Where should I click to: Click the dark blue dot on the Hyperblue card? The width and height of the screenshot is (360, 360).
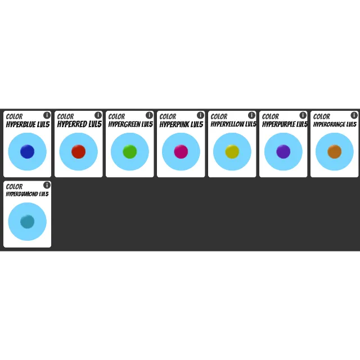click(x=28, y=151)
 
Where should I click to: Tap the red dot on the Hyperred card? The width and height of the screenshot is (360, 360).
click(x=79, y=151)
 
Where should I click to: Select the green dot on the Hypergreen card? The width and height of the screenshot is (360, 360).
click(x=130, y=151)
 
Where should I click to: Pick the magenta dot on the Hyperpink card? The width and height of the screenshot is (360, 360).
click(x=181, y=151)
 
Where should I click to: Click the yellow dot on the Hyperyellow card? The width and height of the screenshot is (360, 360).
click(x=232, y=151)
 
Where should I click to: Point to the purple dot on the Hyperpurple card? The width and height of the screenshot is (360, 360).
click(x=283, y=151)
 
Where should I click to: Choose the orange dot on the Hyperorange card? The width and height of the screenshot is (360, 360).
click(x=335, y=151)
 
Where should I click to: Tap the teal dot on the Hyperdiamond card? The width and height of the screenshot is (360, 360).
click(x=28, y=222)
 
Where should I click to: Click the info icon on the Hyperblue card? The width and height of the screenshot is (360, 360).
click(x=47, y=115)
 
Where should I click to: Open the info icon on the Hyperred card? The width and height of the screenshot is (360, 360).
click(x=98, y=115)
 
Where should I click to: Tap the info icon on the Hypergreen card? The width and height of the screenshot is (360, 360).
click(x=149, y=115)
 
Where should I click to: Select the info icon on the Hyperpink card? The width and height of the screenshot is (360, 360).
click(x=200, y=115)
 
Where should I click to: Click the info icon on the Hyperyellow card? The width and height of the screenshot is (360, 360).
click(x=251, y=115)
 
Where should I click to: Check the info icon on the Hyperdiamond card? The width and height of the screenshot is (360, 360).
click(x=47, y=185)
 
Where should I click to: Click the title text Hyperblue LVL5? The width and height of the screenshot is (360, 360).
click(x=28, y=124)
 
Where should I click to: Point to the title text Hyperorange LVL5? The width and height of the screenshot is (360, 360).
click(x=335, y=124)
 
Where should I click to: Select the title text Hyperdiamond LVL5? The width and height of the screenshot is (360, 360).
click(x=28, y=194)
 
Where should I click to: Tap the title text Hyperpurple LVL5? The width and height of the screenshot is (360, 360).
click(x=285, y=124)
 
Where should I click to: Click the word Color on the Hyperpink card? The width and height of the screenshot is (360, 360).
click(x=168, y=116)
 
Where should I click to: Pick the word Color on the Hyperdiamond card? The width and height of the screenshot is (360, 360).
click(x=14, y=187)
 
